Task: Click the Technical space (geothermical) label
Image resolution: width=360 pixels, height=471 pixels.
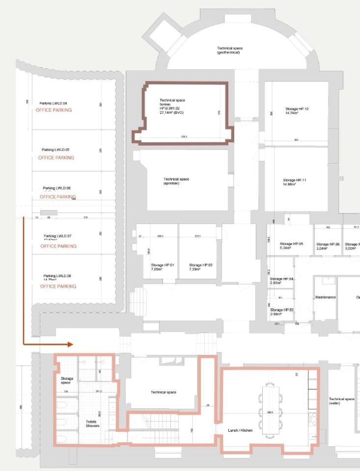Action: pyautogui.click(x=229, y=50)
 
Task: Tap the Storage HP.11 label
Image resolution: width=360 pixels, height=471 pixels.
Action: pyautogui.click(x=294, y=182)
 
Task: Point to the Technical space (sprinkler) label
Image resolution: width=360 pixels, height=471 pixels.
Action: pyautogui.click(x=176, y=181)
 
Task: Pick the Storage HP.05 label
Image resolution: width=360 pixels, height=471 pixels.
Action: pyautogui.click(x=292, y=246)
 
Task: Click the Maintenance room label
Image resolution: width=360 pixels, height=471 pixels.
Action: pyautogui.click(x=325, y=297)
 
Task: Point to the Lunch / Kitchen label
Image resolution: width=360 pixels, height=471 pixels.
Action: pyautogui.click(x=240, y=430)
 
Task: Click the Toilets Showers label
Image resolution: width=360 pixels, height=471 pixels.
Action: pyautogui.click(x=93, y=423)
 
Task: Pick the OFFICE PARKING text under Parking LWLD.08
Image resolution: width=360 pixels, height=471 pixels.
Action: pyautogui.click(x=58, y=286)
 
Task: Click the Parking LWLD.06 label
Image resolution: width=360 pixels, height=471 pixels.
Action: pyautogui.click(x=57, y=188)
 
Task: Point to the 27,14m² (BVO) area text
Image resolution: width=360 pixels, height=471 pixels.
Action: pyautogui.click(x=171, y=112)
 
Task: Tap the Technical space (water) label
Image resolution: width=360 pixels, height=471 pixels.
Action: pyautogui.click(x=342, y=401)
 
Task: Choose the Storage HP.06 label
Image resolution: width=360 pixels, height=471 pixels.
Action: pyautogui.click(x=328, y=246)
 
